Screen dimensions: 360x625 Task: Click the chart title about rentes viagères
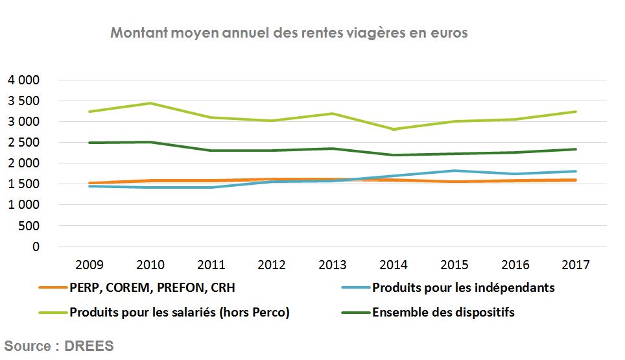coord(289,33)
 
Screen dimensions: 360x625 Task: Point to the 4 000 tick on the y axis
coord(23,80)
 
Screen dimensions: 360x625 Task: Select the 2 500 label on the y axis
coord(23,143)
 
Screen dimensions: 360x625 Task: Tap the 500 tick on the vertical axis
coord(29,226)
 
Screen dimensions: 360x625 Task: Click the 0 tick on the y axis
coord(36,246)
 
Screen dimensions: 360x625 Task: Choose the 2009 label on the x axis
coord(89,265)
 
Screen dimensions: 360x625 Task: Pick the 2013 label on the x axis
coord(332,265)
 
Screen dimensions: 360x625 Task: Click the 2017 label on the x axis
coord(575,265)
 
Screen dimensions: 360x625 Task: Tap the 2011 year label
coord(211,265)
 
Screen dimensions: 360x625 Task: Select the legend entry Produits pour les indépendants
coord(464,288)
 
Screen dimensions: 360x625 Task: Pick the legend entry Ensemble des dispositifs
coord(443,312)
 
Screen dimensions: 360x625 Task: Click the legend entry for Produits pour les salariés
coord(180,312)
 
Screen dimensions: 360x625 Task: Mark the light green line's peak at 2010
coord(150,103)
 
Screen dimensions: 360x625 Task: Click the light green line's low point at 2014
coord(393,129)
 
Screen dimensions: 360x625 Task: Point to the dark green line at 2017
coord(575,149)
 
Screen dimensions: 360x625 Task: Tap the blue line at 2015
coord(454,171)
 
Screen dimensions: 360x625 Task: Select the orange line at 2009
coord(89,183)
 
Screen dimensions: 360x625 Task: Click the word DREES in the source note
coord(89,346)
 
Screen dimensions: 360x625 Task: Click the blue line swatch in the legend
coord(355,288)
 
